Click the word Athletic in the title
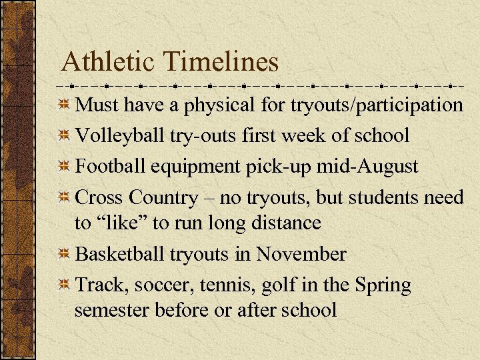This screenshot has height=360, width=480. [x=108, y=62]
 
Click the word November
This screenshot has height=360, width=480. [x=301, y=254]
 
